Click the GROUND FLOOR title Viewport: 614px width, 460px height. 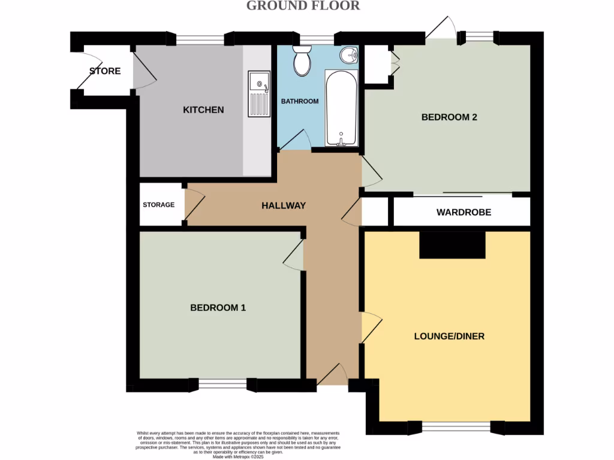(303, 6)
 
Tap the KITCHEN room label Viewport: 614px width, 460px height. (203, 110)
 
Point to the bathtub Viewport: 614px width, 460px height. (341, 108)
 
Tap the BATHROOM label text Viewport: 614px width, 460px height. (300, 101)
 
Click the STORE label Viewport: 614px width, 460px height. (105, 71)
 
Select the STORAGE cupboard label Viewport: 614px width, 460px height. (158, 204)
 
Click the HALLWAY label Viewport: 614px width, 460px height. (284, 205)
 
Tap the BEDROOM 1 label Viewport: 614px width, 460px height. (218, 307)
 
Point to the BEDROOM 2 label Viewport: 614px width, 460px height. (449, 117)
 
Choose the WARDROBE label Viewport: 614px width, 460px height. (463, 212)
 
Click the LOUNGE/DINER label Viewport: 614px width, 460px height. (449, 336)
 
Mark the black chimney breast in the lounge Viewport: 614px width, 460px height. (452, 245)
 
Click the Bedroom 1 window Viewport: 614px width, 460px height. (222, 385)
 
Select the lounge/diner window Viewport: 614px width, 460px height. (456, 427)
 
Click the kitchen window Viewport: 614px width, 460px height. (200, 39)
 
